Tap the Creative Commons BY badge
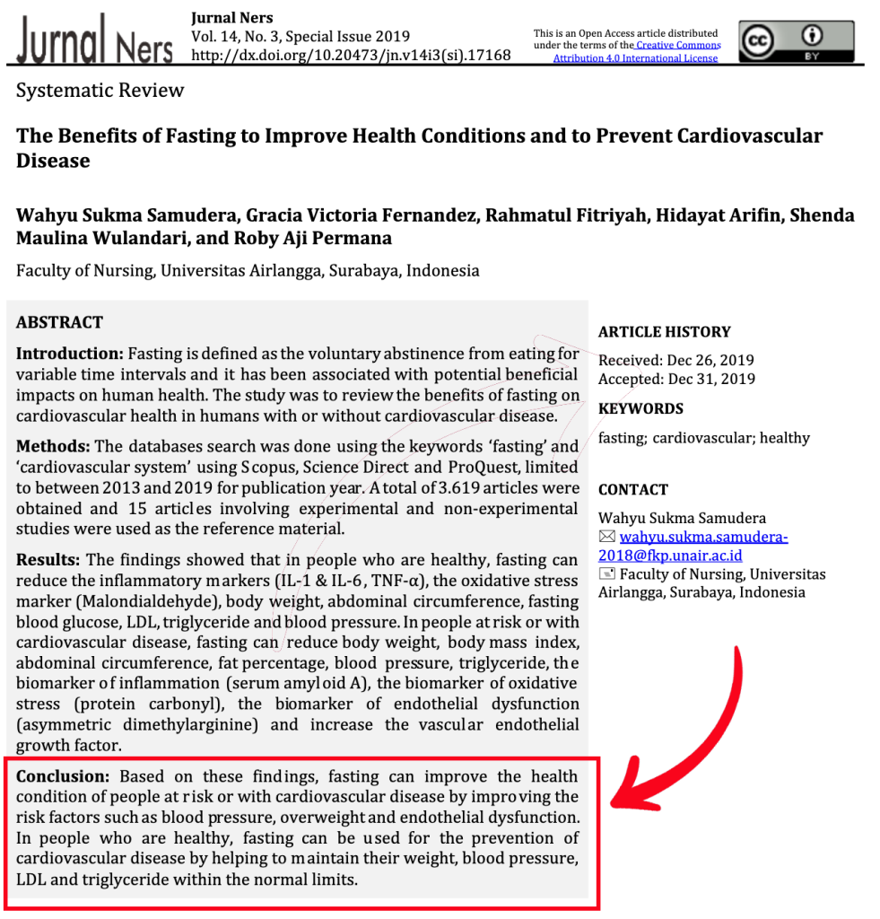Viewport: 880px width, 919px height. tap(796, 41)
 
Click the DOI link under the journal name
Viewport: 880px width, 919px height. tap(351, 55)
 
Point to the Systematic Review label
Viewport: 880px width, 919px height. tap(100, 91)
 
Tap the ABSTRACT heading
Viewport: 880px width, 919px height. tap(59, 322)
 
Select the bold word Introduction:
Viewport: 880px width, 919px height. tap(69, 354)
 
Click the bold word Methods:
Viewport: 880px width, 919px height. tap(53, 446)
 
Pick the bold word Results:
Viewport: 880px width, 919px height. tap(48, 560)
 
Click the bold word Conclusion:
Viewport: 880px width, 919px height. tap(63, 776)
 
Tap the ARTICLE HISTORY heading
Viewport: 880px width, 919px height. tap(664, 332)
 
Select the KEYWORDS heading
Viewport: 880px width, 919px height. tap(640, 409)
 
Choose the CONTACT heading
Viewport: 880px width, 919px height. tap(633, 490)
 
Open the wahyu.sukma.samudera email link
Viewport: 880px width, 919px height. tap(703, 538)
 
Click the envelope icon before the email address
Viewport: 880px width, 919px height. tap(606, 537)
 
